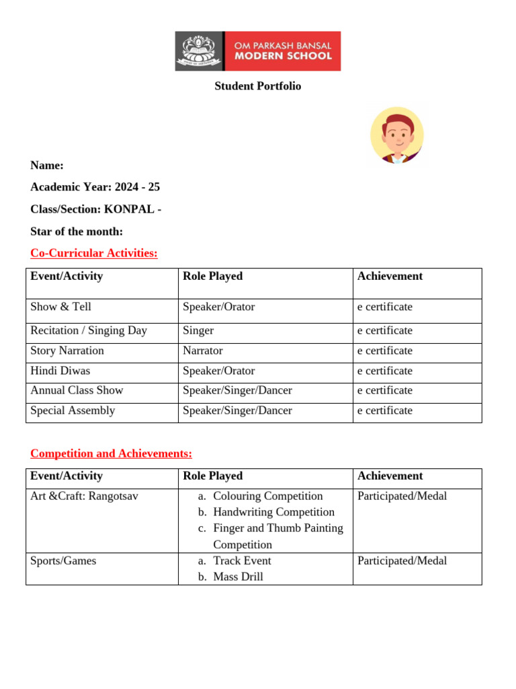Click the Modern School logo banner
point(257,50)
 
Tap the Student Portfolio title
point(257,86)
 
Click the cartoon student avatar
point(397,136)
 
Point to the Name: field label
point(47,166)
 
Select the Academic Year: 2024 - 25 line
point(95,187)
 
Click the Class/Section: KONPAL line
point(95,209)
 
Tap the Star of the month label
point(77,231)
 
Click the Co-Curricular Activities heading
point(94,253)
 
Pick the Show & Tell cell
point(60,307)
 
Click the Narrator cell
point(202,351)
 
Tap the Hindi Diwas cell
point(60,371)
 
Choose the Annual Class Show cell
point(77,390)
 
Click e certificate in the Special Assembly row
point(385,410)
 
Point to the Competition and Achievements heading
point(111,454)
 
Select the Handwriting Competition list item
point(273,512)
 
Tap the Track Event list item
point(242,560)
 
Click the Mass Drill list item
point(238,577)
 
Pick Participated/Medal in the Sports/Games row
point(402,560)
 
